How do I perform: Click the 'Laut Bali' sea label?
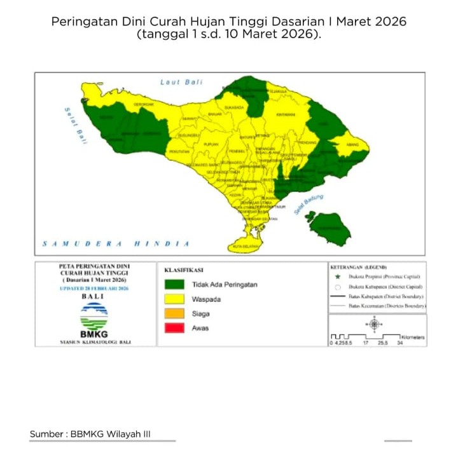point(179,83)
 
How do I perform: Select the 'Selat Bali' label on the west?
point(74,125)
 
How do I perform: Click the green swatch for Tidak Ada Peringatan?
point(175,285)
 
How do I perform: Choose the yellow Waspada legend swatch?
point(175,299)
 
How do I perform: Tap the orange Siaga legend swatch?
point(175,314)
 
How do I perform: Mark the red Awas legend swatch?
point(175,329)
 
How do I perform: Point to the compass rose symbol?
point(373,325)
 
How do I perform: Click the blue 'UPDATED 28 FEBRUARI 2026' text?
point(94,288)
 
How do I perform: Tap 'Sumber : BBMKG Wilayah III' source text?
point(90,433)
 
